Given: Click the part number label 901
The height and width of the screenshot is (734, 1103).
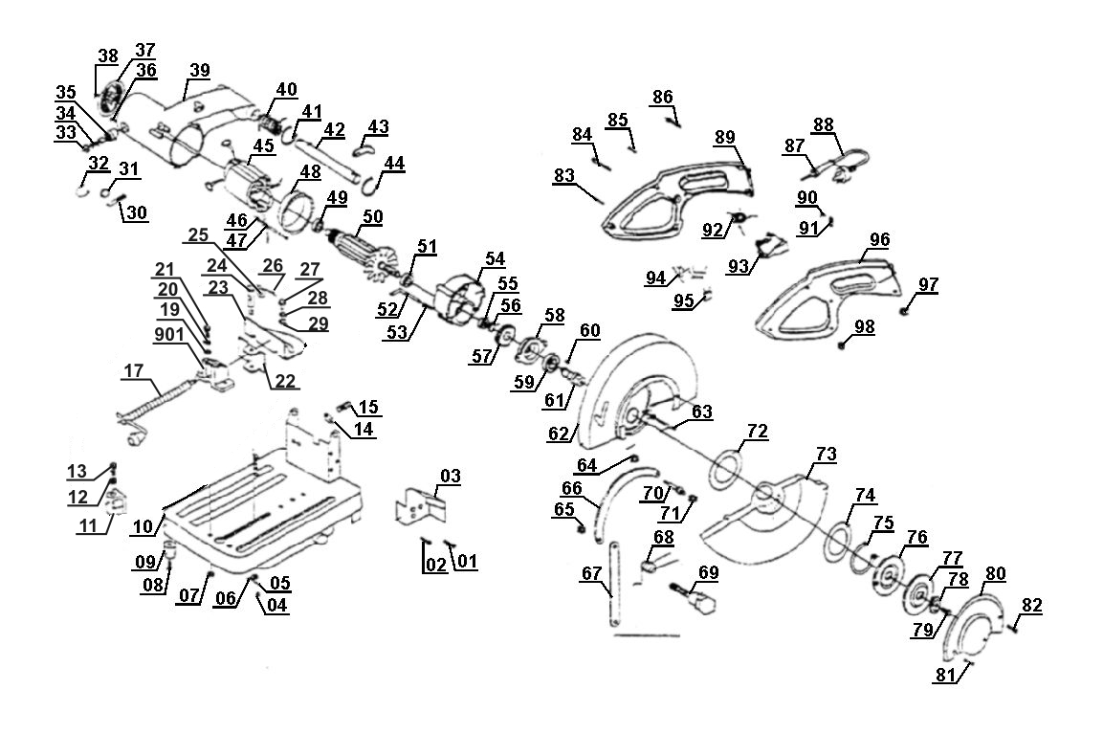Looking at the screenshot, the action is click(x=169, y=335).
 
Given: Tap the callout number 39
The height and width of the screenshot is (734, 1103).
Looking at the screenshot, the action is click(x=199, y=71).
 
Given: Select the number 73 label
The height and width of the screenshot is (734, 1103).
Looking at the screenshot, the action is click(x=826, y=455).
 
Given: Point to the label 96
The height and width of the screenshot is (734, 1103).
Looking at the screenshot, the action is click(x=879, y=240).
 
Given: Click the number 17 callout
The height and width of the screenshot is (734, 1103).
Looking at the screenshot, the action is click(x=134, y=370).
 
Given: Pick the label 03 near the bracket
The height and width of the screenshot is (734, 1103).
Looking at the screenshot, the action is click(x=451, y=477).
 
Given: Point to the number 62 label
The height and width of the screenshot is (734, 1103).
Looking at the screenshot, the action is click(x=559, y=433).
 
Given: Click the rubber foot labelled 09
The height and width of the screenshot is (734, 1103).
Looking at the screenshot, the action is click(x=170, y=547).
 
